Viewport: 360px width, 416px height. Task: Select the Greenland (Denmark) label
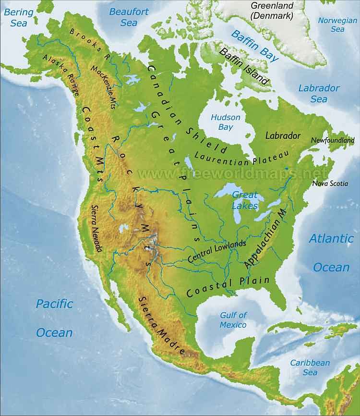click(272, 11)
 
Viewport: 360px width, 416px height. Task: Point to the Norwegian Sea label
click(337, 25)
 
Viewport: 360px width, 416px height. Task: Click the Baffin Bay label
click(255, 46)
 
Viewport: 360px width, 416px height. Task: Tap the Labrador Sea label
click(319, 94)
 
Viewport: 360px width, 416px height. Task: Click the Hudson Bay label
click(226, 122)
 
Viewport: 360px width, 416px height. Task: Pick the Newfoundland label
click(333, 140)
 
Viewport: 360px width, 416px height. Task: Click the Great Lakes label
click(245, 200)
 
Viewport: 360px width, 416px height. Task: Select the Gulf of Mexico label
click(233, 320)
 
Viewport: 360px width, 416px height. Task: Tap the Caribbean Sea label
click(310, 367)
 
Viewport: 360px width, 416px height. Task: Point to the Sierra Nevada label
click(96, 228)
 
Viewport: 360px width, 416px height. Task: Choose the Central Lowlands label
click(216, 251)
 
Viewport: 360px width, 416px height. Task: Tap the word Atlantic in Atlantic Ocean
click(331, 238)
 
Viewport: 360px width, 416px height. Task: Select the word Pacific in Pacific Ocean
click(55, 304)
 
